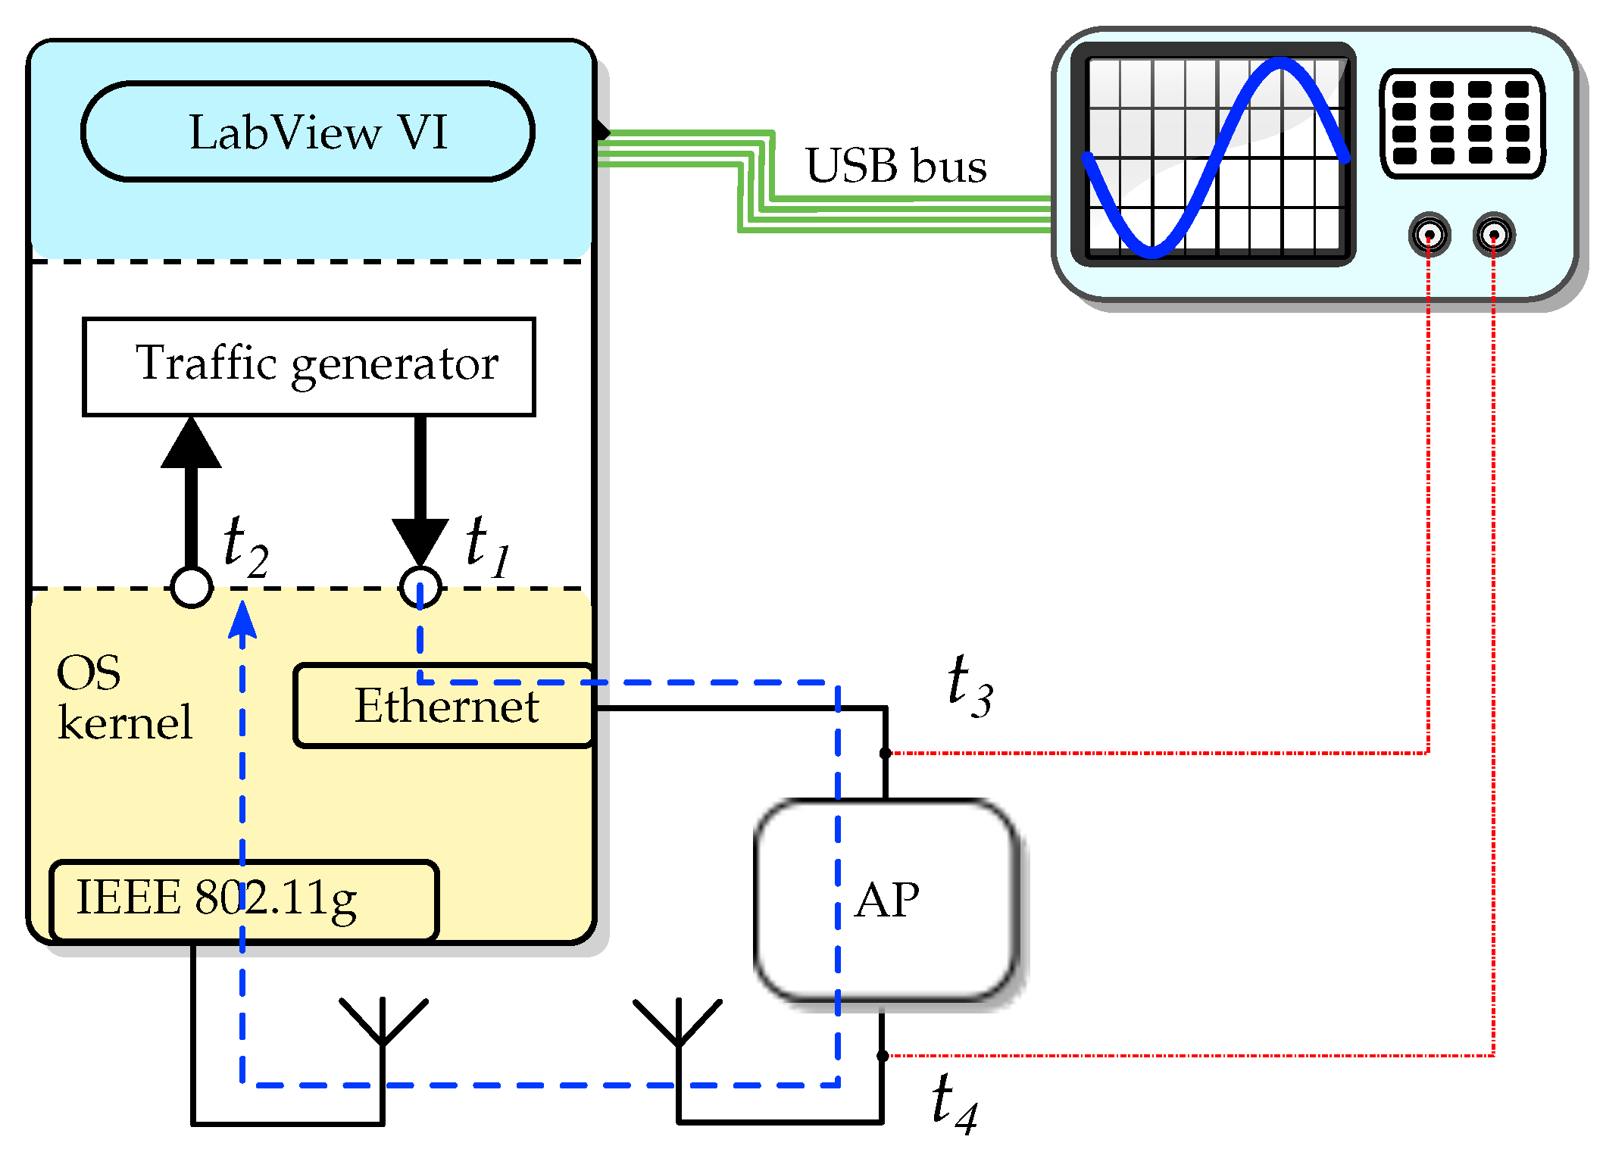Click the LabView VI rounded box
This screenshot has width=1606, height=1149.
pos(308,132)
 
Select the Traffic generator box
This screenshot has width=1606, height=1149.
pos(309,367)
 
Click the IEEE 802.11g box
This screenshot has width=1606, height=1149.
pos(244,901)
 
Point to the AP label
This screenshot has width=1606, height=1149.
pos(887,900)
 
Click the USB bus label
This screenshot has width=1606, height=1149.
pos(896,165)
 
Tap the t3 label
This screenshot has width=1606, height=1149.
pos(970,686)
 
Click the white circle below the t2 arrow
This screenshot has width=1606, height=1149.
pos(192,587)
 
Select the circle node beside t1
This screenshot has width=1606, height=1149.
pos(420,587)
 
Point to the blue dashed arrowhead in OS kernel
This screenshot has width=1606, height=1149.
pos(242,619)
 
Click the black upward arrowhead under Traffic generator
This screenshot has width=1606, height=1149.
pos(192,442)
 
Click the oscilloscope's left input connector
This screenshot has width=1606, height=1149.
pos(1429,234)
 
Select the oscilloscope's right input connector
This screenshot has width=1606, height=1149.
pos(1494,234)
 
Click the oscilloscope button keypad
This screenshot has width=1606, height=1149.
pos(1462,123)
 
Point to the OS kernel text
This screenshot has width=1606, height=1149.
pos(124,697)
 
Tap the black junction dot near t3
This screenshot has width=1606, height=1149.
pos(885,753)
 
